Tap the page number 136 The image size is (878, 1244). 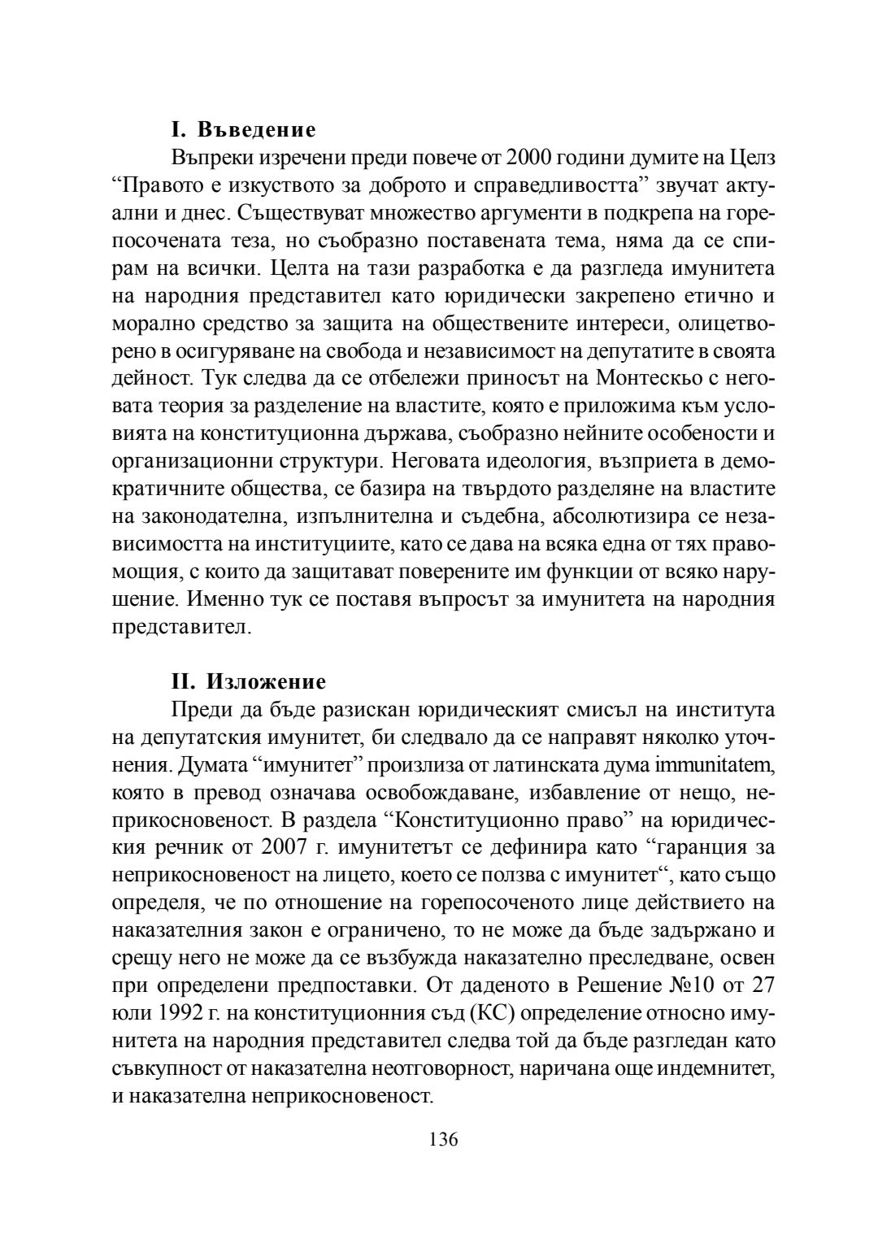[x=444, y=1139]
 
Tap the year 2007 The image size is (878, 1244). [x=289, y=848]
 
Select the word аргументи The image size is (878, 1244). [x=485, y=213]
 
